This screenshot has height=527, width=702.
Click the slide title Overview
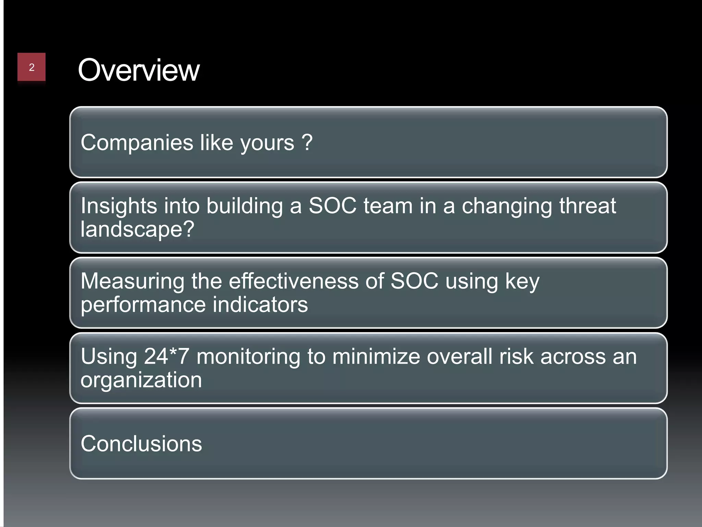click(138, 70)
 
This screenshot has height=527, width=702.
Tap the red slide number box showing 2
click(32, 67)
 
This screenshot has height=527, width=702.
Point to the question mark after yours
click(307, 142)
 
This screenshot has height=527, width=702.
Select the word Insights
click(119, 206)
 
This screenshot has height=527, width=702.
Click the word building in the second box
click(244, 206)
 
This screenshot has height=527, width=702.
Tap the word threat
click(587, 206)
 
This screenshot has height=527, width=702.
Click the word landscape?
click(137, 229)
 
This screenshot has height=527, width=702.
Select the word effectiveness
click(293, 281)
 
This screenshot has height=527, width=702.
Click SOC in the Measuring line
click(414, 281)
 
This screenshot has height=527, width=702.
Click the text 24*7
click(166, 356)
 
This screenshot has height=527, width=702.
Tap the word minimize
click(376, 356)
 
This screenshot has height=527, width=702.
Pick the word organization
click(141, 380)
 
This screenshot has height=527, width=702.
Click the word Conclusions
click(141, 444)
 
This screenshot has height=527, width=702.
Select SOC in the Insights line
click(332, 206)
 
